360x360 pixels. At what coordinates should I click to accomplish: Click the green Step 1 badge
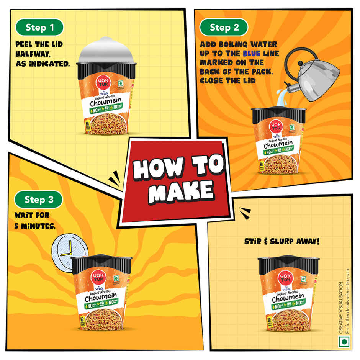point(39,27)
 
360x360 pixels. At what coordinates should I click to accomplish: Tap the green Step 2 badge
point(224,27)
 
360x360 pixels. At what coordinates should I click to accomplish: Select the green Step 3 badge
point(38,200)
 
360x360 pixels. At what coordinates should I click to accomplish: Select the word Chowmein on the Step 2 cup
point(278,146)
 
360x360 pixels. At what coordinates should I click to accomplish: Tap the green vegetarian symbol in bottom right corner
point(344,341)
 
